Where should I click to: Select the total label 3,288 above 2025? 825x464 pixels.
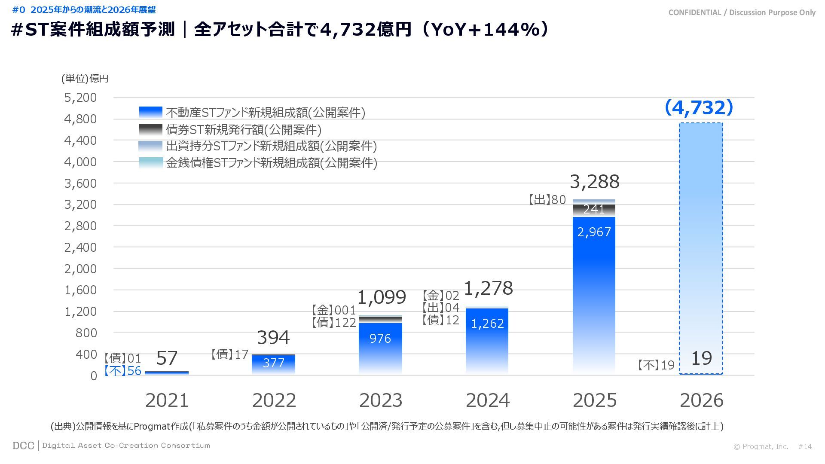pyautogui.click(x=595, y=182)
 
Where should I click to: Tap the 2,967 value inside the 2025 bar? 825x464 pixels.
pyautogui.click(x=594, y=232)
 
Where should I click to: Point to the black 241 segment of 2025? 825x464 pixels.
pyautogui.click(x=594, y=210)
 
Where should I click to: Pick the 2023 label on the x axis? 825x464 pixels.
pyautogui.click(x=381, y=400)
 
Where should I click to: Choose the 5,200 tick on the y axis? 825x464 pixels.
pyautogui.click(x=80, y=98)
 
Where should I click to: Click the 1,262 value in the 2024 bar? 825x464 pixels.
pyautogui.click(x=487, y=324)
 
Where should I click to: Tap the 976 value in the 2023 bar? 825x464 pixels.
pyautogui.click(x=380, y=339)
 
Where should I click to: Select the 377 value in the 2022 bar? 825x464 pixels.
pyautogui.click(x=273, y=363)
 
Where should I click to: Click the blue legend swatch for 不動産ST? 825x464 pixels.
pyautogui.click(x=151, y=112)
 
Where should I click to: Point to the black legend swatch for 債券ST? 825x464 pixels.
pyautogui.click(x=151, y=129)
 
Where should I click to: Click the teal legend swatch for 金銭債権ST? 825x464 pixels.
pyautogui.click(x=151, y=163)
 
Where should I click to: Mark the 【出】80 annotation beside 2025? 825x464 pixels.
pyautogui.click(x=547, y=200)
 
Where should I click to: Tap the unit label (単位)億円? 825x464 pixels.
pyautogui.click(x=85, y=78)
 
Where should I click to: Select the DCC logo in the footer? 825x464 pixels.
pyautogui.click(x=23, y=446)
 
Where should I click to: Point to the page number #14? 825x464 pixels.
pyautogui.click(x=805, y=446)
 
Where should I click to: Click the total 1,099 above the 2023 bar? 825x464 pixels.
pyautogui.click(x=382, y=297)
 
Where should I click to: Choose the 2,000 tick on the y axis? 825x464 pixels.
pyautogui.click(x=80, y=269)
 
